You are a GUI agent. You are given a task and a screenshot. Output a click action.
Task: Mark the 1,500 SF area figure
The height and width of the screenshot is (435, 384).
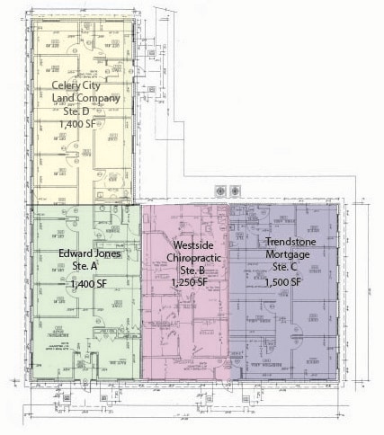283,282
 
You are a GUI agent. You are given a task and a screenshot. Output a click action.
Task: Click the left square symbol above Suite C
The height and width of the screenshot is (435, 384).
221,191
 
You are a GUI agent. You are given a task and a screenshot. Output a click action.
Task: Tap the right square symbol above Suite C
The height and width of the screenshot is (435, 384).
236,191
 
